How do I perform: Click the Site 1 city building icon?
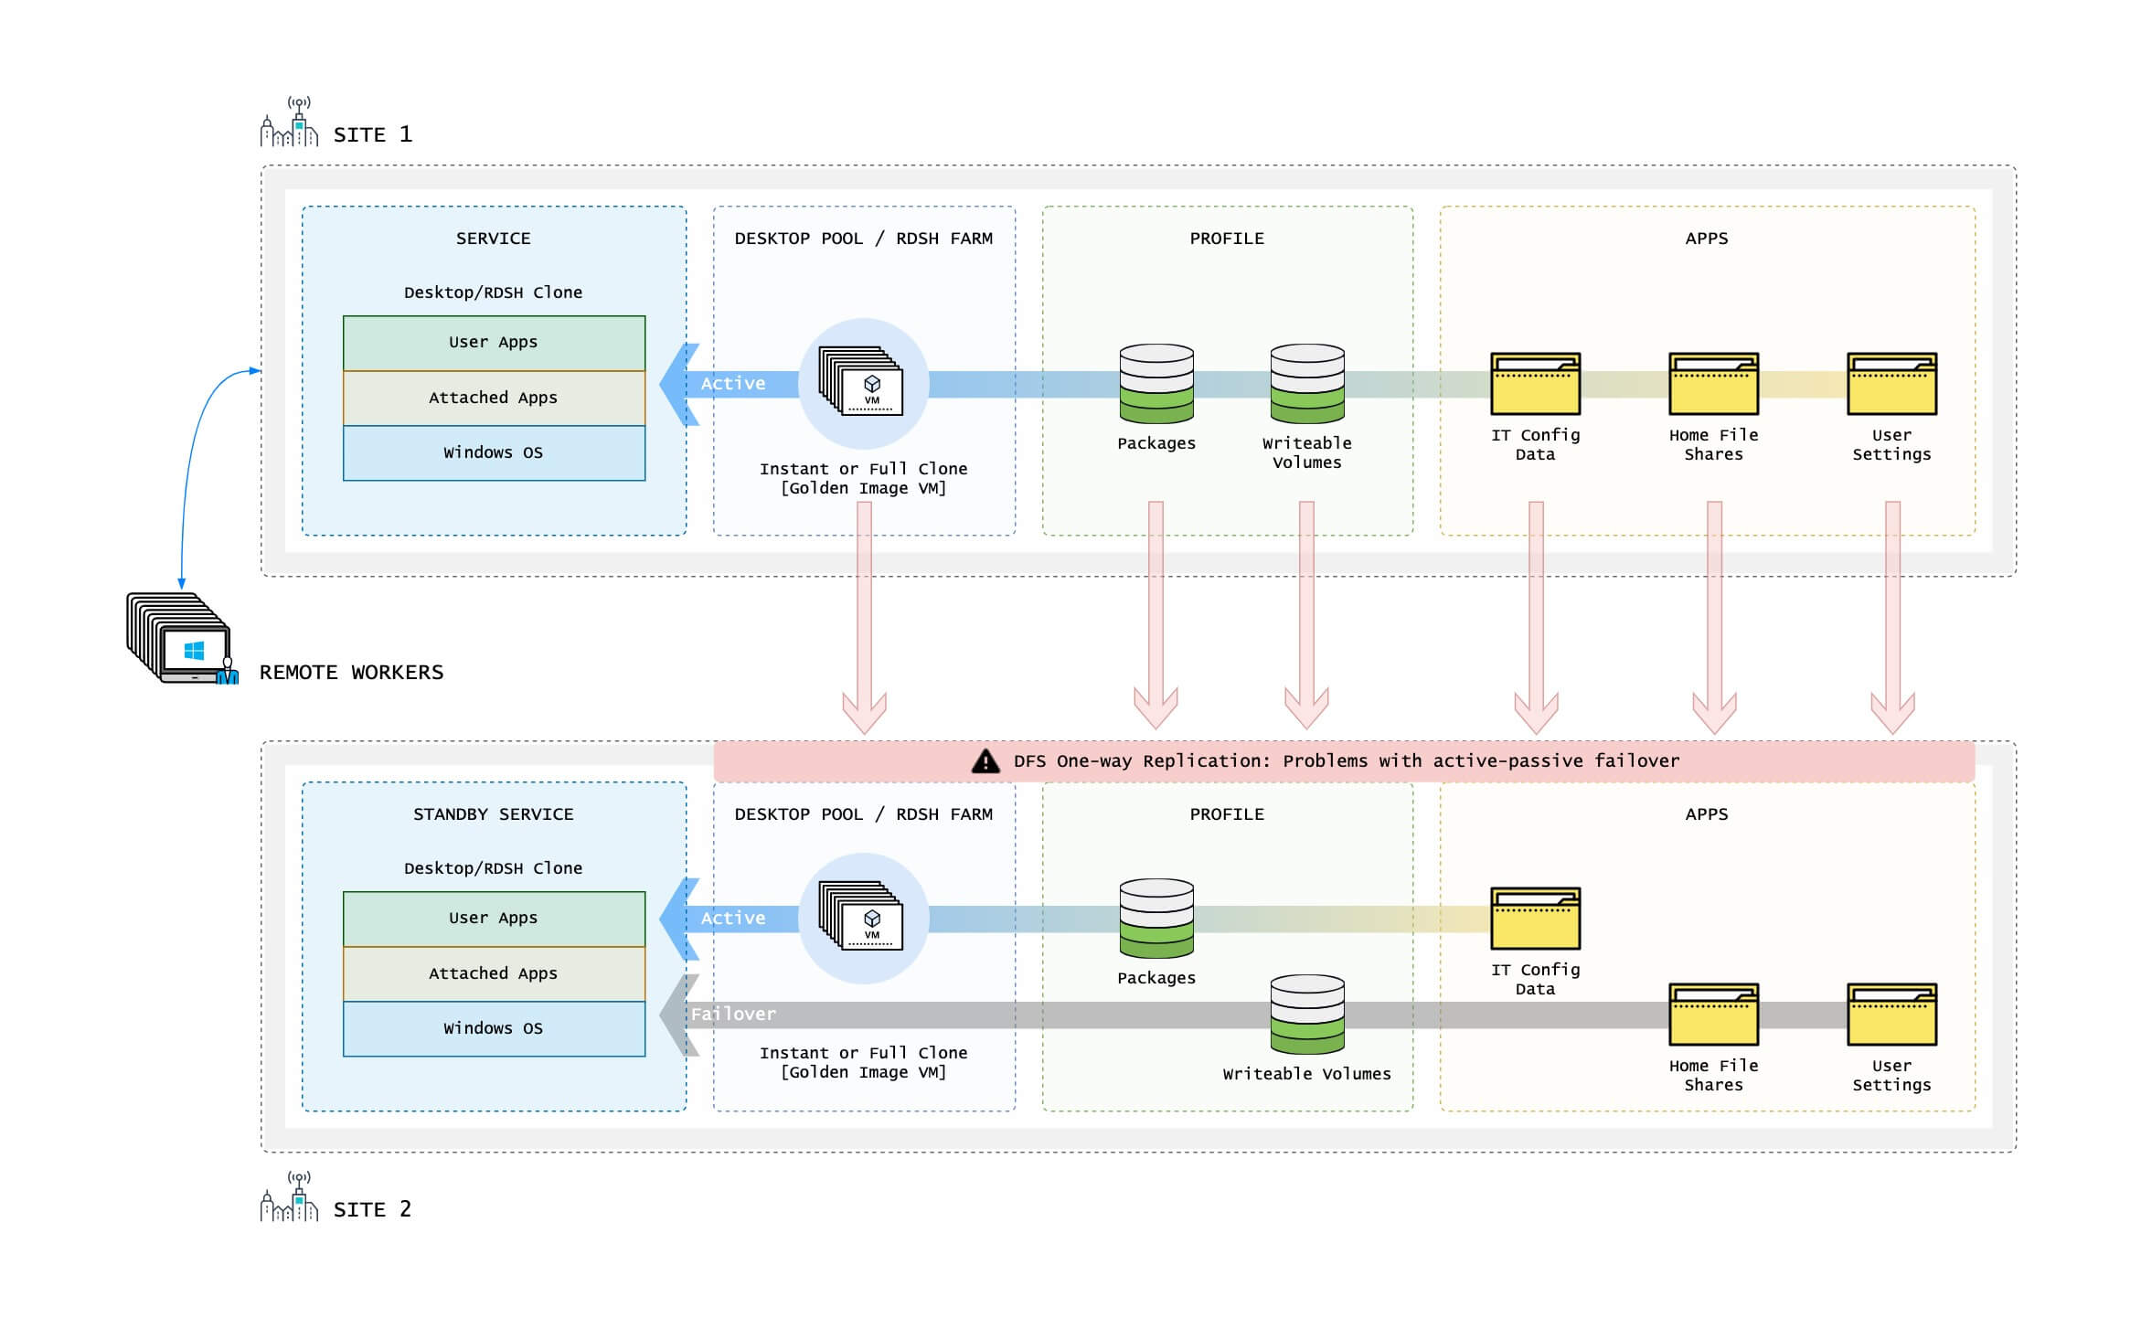click(x=289, y=123)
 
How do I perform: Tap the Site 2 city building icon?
click(x=289, y=1198)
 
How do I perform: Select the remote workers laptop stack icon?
click(x=180, y=639)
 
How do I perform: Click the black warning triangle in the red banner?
click(x=985, y=761)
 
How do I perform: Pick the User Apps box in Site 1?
click(x=494, y=343)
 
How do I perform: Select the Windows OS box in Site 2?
click(x=494, y=1029)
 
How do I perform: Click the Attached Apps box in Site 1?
click(x=494, y=398)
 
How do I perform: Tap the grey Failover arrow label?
click(x=732, y=1014)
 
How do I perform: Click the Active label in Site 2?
click(x=732, y=919)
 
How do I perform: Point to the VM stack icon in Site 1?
click(x=862, y=382)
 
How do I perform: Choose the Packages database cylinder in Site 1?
click(x=1156, y=384)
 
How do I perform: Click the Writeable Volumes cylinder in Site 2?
click(x=1306, y=1015)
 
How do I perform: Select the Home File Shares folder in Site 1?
click(x=1713, y=384)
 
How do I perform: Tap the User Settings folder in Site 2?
click(x=1891, y=1015)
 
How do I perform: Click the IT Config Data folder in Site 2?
click(x=1535, y=919)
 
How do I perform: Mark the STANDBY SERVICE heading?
click(x=493, y=814)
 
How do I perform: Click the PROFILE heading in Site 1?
click(x=1227, y=239)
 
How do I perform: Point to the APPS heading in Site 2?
click(x=1706, y=814)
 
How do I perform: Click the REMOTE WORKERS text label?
click(x=351, y=673)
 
